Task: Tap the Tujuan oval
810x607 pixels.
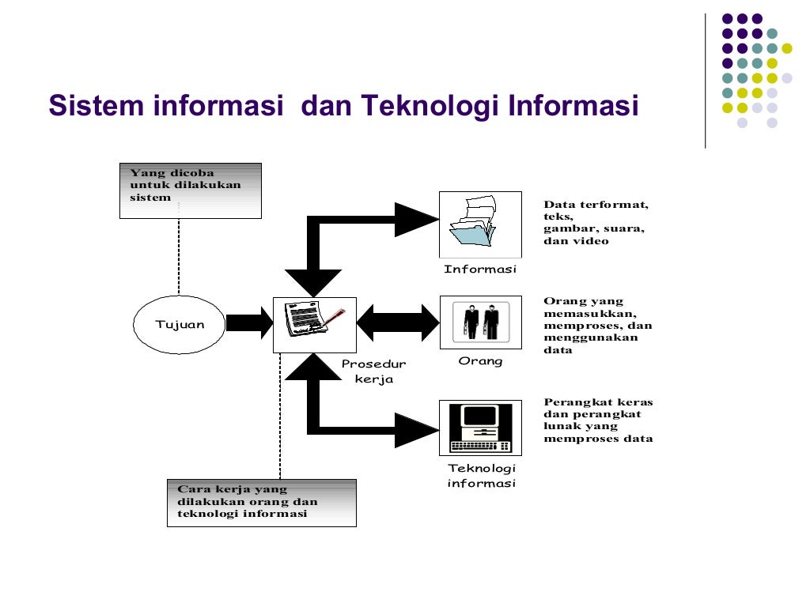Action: point(180,325)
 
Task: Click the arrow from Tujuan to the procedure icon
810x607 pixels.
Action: point(248,322)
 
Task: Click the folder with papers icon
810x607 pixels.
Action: point(480,224)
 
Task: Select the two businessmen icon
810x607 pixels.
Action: point(480,322)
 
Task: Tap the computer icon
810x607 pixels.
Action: point(480,427)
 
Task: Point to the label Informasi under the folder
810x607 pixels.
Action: point(480,270)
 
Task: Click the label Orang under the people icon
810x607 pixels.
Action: point(480,361)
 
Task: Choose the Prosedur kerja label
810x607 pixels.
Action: point(373,371)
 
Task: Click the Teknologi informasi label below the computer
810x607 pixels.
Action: point(481,476)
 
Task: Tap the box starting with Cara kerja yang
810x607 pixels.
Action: point(262,503)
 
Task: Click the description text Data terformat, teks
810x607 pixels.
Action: point(596,223)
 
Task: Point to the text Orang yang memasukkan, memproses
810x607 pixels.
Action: point(597,325)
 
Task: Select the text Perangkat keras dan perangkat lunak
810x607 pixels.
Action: point(598,420)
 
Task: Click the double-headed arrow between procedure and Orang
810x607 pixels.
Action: point(397,322)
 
